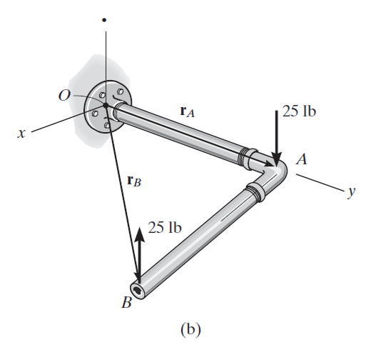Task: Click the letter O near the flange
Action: point(64,95)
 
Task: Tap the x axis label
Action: point(21,134)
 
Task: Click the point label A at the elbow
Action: point(301,159)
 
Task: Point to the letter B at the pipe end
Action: point(126,302)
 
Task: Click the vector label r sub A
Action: point(187,111)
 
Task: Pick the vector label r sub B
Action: point(134,181)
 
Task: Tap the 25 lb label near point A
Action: point(299,111)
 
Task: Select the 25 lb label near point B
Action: point(165,227)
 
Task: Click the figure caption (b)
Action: point(190,330)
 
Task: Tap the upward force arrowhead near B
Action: point(139,234)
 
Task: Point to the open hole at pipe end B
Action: point(138,291)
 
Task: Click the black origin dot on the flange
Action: point(106,105)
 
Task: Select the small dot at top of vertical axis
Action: point(104,20)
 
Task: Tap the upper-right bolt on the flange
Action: point(120,91)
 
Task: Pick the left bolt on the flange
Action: point(95,113)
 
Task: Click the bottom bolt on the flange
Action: point(107,125)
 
